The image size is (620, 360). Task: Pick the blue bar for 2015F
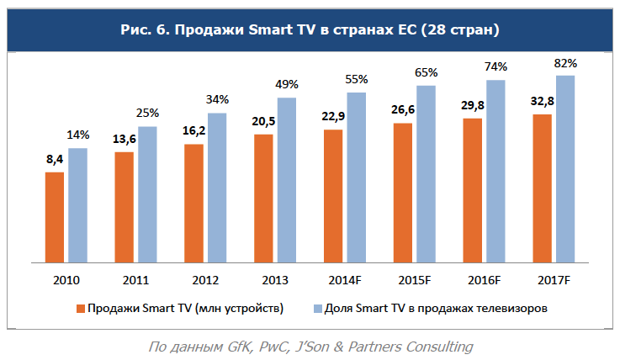pos(426,173)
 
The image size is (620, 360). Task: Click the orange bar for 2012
pos(194,203)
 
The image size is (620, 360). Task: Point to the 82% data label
pos(565,64)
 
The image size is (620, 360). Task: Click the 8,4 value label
pos(55,160)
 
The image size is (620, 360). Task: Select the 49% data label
pos(287,86)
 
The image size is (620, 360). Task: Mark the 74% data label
pos(495,66)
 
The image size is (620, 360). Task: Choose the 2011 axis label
pos(135,278)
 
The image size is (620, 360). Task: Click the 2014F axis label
pos(344,278)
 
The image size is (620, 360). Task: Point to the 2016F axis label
pos(484,278)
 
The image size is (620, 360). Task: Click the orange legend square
pos(81,309)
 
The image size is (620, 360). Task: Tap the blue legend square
pos(317,309)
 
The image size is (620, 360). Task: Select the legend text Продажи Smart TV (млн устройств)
pos(185,309)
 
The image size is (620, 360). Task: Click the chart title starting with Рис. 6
pos(310,30)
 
